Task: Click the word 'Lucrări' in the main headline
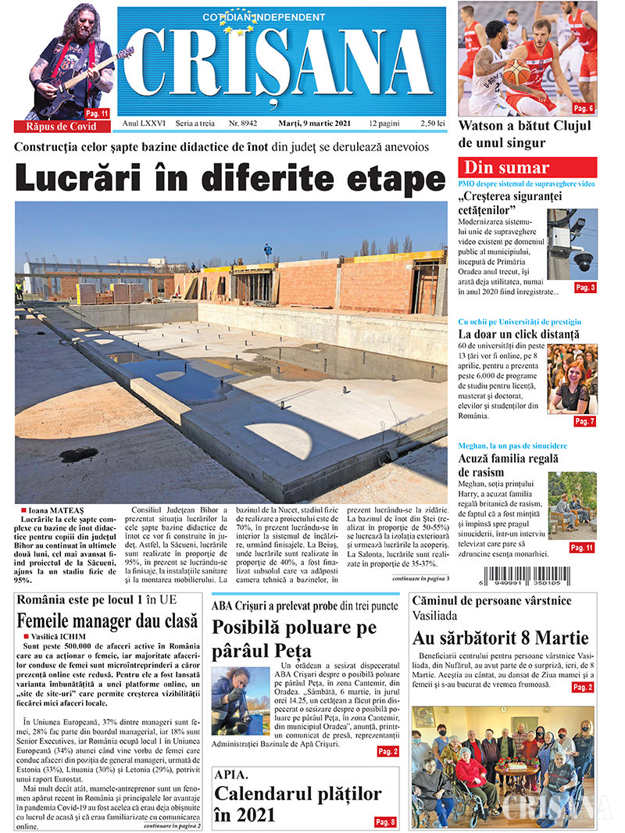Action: (86, 177)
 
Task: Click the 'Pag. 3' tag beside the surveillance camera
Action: (584, 288)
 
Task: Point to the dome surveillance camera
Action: (583, 261)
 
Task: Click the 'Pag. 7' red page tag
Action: (584, 421)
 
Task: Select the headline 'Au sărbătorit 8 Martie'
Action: (501, 638)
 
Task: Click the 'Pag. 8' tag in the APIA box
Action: (385, 821)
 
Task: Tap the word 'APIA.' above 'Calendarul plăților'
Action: (232, 775)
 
